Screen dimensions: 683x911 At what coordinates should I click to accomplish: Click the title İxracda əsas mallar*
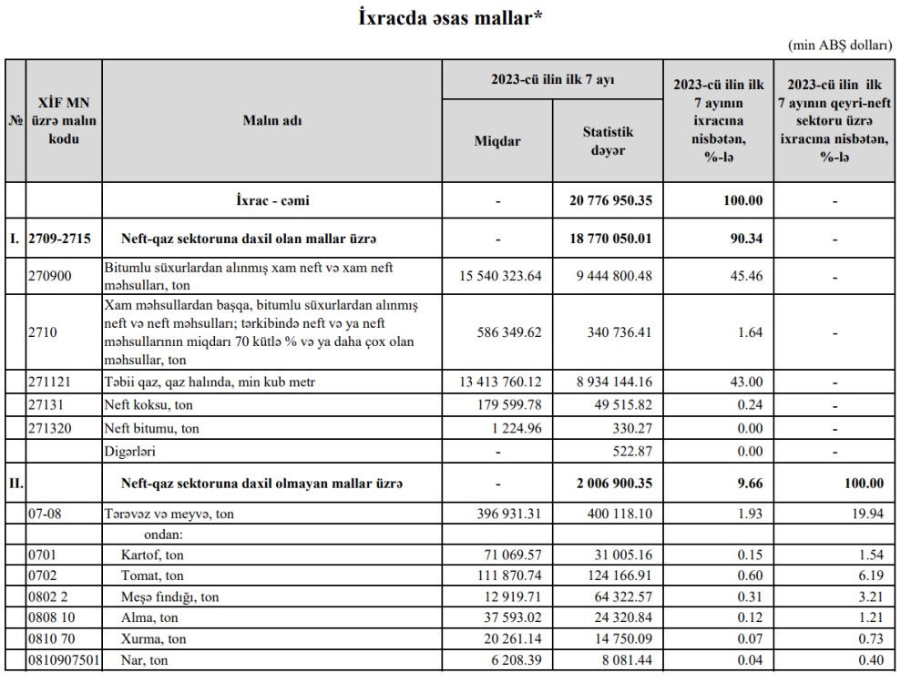point(452,17)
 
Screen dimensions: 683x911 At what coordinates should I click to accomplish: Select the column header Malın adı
point(271,121)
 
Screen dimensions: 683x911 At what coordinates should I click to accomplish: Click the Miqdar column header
point(497,141)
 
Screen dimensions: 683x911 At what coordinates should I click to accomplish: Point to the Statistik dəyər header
point(608,141)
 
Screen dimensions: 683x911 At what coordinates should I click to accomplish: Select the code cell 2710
point(42,333)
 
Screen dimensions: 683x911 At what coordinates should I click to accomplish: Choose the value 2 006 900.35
point(609,483)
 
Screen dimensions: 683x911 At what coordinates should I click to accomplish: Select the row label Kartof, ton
point(153,555)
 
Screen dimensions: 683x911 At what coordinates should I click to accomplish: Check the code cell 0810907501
point(62,659)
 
